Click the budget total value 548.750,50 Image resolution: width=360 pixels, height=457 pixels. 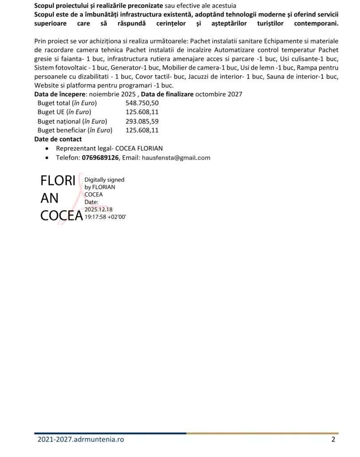[x=142, y=103]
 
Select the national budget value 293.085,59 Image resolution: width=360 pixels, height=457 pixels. [x=142, y=121]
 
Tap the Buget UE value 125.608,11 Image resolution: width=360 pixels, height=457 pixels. [x=142, y=112]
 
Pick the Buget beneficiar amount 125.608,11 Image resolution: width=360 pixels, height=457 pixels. [x=142, y=130]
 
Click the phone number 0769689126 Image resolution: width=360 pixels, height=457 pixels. [x=100, y=158]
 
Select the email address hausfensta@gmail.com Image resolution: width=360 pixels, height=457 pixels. [x=176, y=158]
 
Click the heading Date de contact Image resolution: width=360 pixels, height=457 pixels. [x=58, y=139]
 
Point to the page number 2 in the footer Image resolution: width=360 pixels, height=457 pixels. [x=333, y=440]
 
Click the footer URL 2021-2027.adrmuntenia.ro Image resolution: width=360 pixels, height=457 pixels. [x=81, y=440]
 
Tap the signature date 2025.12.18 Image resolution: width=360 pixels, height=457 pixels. [x=99, y=209]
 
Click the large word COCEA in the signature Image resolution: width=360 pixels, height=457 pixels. [x=62, y=216]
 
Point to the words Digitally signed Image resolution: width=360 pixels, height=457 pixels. [x=104, y=180]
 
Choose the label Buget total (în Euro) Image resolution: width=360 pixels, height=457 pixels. [x=67, y=103]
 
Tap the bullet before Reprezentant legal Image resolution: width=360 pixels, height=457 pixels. [x=48, y=149]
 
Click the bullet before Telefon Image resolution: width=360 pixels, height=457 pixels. [x=48, y=158]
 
